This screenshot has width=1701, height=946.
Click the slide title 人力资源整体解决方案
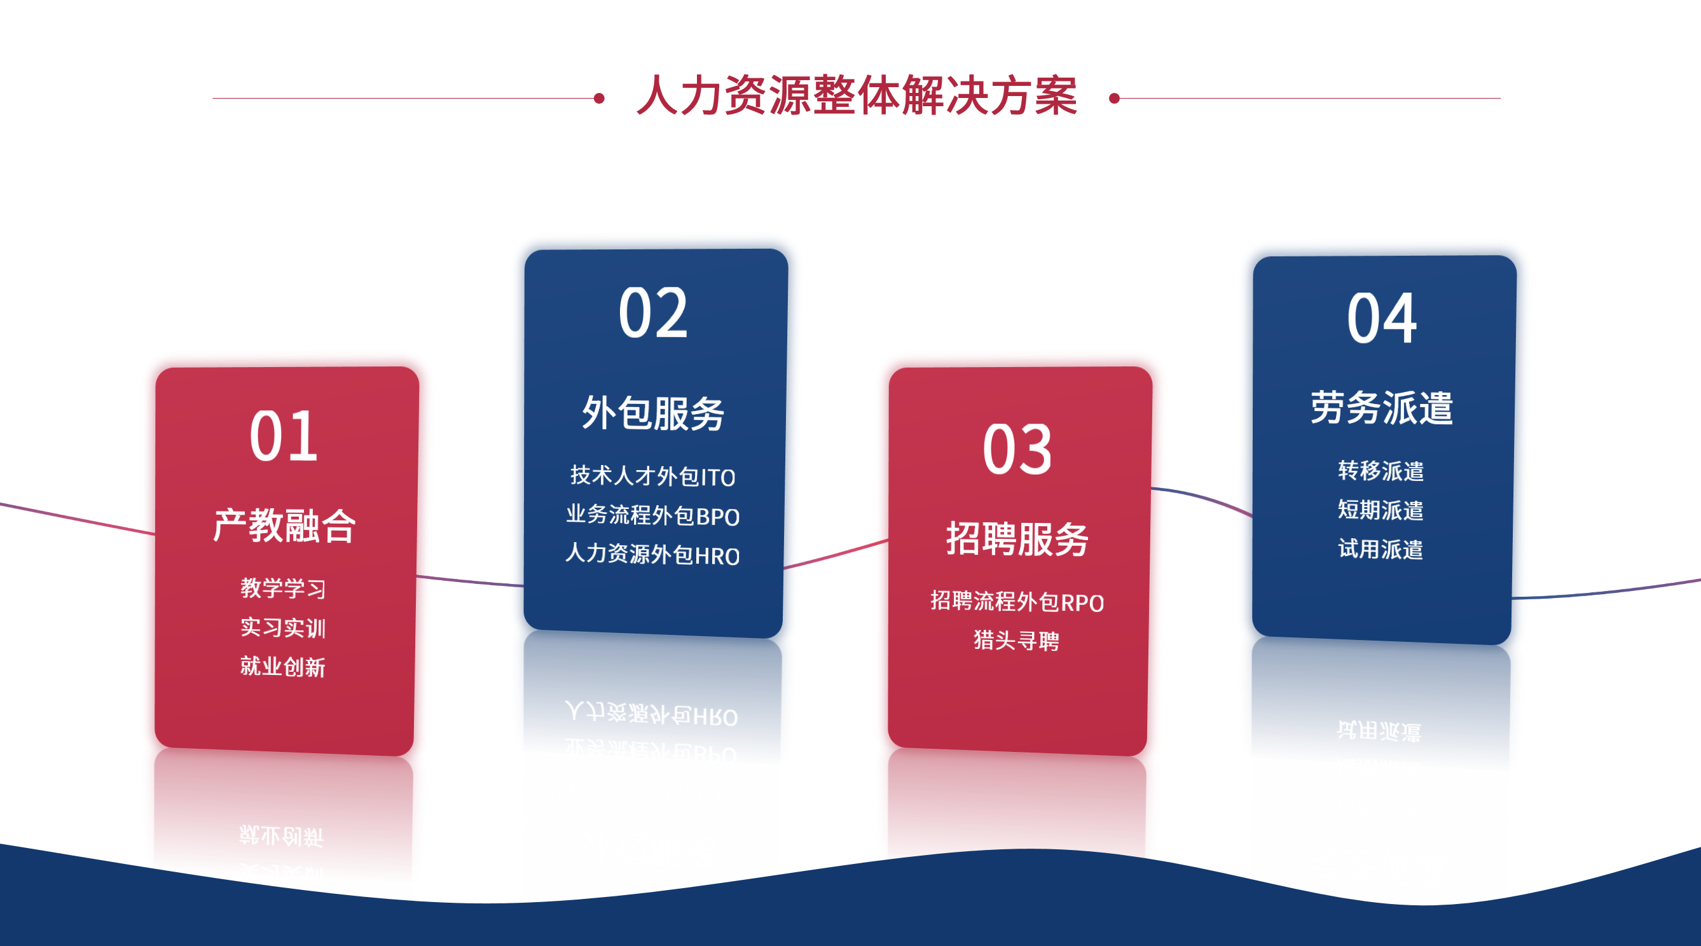click(x=857, y=96)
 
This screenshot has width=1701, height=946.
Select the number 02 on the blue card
click(x=653, y=313)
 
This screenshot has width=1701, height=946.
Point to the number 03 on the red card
click(x=1017, y=450)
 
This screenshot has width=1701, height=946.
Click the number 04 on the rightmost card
click(x=1381, y=319)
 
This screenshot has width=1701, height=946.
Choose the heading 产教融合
click(x=285, y=526)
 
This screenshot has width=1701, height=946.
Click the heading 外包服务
click(x=653, y=414)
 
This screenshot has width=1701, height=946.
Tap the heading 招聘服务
click(x=1017, y=539)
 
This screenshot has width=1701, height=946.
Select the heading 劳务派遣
click(x=1381, y=407)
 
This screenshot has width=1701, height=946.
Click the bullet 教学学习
click(x=282, y=588)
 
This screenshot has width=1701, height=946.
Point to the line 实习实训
click(x=282, y=627)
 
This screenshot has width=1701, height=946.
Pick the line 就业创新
click(x=282, y=667)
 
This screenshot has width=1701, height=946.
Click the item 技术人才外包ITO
click(x=652, y=476)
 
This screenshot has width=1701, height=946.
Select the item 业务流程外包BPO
click(x=652, y=515)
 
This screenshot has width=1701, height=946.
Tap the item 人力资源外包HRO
click(x=652, y=554)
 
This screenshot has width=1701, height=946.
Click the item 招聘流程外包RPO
click(x=1017, y=602)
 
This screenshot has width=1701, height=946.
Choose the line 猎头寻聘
click(x=1016, y=640)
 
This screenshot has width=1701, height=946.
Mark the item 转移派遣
click(x=1381, y=471)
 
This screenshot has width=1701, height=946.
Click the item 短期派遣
click(x=1381, y=510)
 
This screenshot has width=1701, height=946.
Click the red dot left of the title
click(x=599, y=99)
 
